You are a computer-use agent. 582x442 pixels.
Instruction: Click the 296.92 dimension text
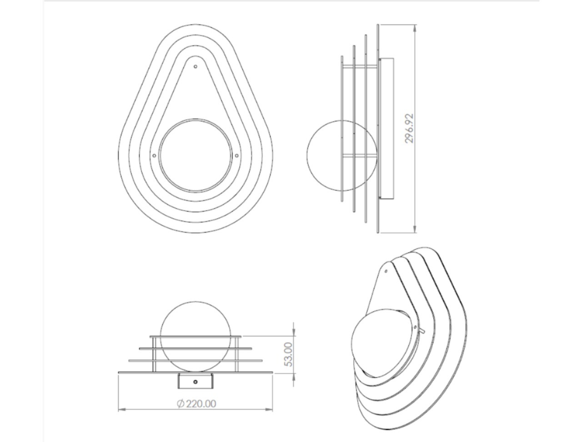click(409, 129)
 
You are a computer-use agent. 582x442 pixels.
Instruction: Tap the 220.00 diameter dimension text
click(201, 403)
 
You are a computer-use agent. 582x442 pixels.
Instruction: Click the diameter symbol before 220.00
click(181, 403)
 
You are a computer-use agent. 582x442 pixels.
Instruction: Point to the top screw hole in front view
click(196, 66)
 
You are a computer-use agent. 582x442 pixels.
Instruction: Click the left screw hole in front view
click(154, 156)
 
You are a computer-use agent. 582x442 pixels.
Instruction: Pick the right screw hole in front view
click(237, 156)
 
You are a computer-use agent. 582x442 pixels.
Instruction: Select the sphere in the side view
click(307, 156)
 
